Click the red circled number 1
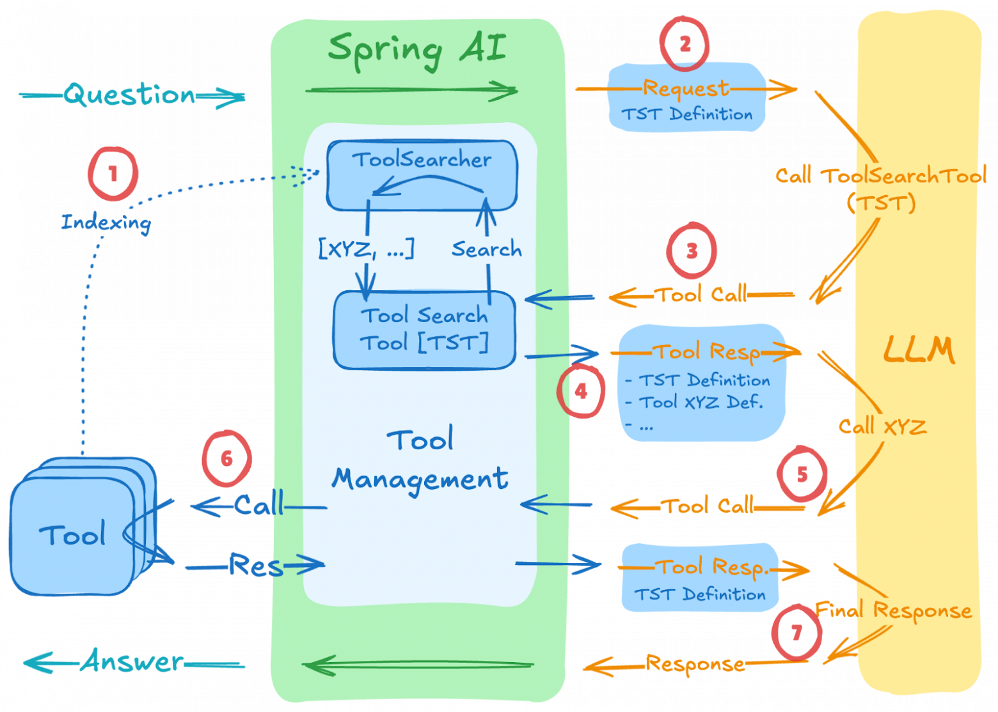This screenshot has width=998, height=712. (113, 173)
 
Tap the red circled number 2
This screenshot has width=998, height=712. (685, 43)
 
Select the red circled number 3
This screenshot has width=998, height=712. (691, 251)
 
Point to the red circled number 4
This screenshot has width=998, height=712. (581, 391)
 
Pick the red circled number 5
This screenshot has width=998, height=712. (802, 474)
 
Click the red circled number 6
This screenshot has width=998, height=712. (226, 458)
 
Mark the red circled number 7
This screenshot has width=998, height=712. (796, 632)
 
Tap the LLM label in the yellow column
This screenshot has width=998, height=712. (919, 350)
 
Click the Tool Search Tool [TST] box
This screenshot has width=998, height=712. (424, 330)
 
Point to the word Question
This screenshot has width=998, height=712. (130, 95)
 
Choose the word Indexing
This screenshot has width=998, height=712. (106, 222)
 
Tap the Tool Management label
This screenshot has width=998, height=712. (420, 460)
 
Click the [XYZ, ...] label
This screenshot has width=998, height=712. (366, 248)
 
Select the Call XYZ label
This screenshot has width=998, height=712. (882, 426)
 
